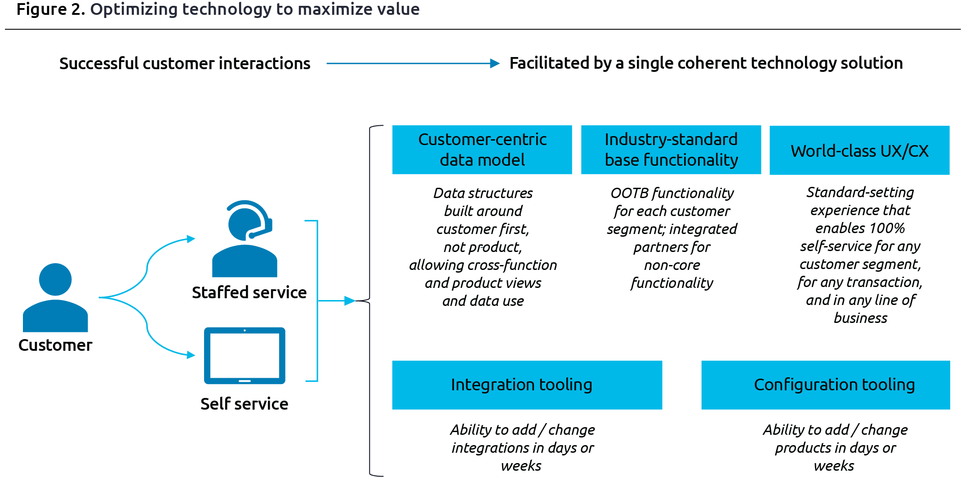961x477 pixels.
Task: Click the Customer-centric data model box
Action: coord(482,150)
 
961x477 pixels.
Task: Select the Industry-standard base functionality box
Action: coord(671,150)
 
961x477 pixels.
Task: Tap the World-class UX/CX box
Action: coord(859,150)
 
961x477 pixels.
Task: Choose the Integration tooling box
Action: coord(527,385)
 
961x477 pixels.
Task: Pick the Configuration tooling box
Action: coord(825,385)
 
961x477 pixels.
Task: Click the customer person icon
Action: coord(55,299)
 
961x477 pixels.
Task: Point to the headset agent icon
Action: coord(245,240)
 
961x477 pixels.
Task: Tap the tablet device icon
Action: coord(245,356)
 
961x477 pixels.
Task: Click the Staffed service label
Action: coord(249,292)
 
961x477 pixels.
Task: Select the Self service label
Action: coord(244,404)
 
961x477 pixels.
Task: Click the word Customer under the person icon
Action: coord(55,345)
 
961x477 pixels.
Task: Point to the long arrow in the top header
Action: coord(411,63)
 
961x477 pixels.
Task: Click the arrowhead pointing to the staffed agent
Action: coord(191,238)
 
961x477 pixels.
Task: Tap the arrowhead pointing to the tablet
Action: coord(191,355)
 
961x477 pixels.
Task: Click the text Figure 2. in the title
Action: coord(51,9)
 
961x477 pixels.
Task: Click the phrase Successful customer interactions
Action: coord(184,63)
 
